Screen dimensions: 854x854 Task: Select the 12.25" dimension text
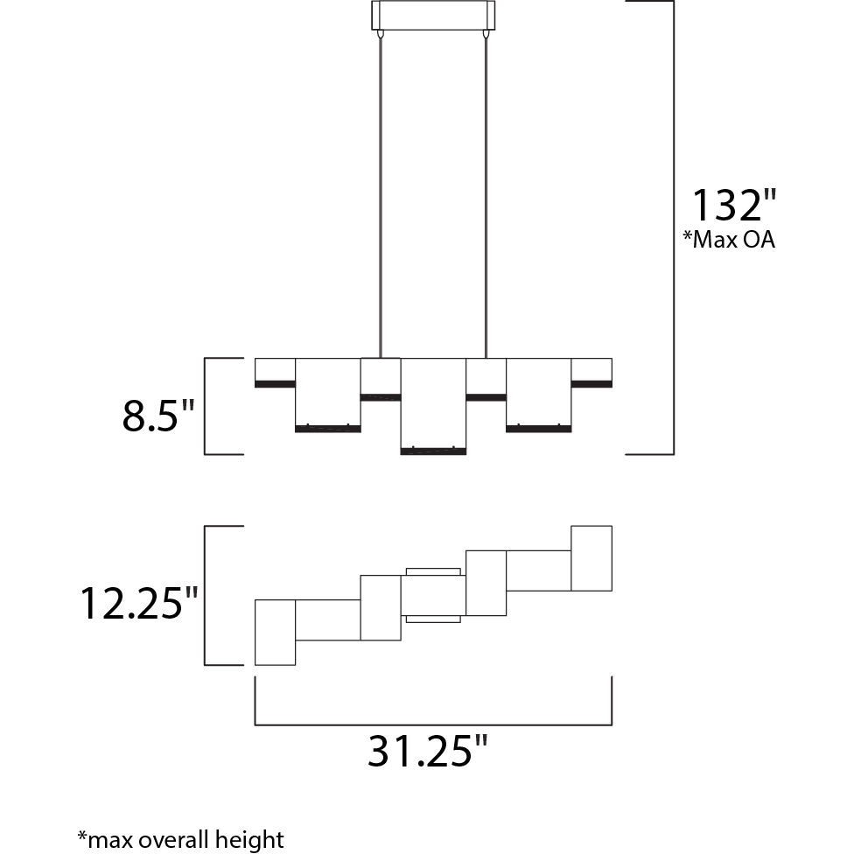pos(138,603)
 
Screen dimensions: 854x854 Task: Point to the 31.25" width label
pos(427,751)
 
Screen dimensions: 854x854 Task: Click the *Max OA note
pos(729,239)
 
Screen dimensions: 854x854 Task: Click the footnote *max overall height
pos(181,839)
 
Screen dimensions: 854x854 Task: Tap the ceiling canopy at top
pos(433,15)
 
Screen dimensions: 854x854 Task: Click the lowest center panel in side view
pos(433,406)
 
